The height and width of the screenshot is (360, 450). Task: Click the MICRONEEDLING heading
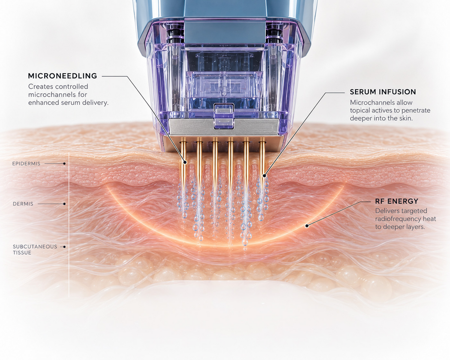pos(63,76)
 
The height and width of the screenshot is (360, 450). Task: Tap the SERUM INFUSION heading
pos(383,92)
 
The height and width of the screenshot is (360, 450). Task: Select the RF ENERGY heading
pos(397,201)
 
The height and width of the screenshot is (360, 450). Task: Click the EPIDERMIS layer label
pos(26,164)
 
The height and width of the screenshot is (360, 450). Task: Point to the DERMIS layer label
pos(23,204)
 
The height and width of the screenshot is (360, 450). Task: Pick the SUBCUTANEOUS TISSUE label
pos(35,249)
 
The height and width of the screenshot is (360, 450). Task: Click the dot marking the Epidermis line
pos(64,164)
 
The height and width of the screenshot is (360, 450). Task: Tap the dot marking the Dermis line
pos(64,204)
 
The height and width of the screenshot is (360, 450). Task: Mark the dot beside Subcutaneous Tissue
pos(64,247)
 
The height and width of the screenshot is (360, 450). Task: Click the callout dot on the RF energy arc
pos(307,226)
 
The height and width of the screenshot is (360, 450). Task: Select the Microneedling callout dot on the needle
pos(184,162)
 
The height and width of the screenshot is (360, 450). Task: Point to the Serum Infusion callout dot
pos(264,176)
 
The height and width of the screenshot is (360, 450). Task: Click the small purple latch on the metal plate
pos(223,117)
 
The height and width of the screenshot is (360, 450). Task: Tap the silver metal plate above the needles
pos(224,127)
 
